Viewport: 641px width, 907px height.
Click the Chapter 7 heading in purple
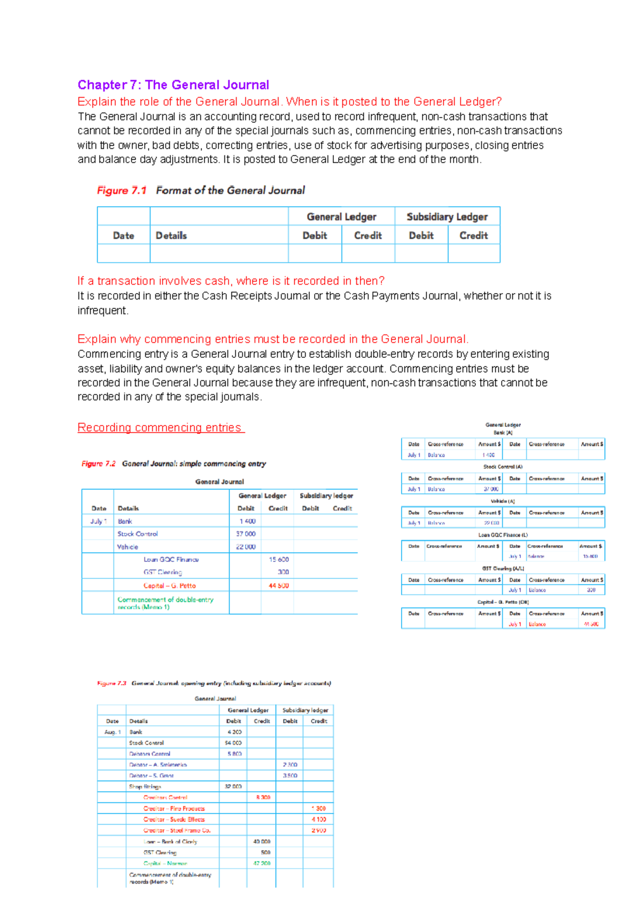tap(173, 85)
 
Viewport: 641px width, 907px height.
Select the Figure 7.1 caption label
tap(122, 191)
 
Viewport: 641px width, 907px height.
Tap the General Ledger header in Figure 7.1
tap(341, 217)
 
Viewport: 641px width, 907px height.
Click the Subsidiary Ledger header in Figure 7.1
tap(447, 217)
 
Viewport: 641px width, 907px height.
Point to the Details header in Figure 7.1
tap(171, 236)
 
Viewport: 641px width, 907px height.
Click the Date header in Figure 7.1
tap(123, 236)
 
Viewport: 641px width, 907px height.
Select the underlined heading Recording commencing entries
tap(160, 428)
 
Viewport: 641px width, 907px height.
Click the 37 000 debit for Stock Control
tap(246, 534)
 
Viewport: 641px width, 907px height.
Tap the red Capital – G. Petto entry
tap(169, 586)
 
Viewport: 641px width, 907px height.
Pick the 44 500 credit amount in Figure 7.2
tap(278, 586)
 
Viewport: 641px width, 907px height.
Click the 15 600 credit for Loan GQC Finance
tap(278, 560)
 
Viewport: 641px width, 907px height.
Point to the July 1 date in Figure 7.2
tap(98, 521)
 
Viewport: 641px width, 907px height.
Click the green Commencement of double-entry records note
tap(165, 603)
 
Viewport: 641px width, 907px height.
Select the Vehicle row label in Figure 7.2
tap(128, 547)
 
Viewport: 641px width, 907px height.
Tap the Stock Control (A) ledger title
tap(503, 467)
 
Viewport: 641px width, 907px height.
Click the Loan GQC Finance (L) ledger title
tap(503, 535)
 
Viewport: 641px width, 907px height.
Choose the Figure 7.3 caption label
tap(112, 683)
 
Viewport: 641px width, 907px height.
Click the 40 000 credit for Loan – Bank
tap(262, 842)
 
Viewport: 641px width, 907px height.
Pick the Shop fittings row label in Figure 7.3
tap(145, 787)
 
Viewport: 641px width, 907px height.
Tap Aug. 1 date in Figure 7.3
tap(112, 732)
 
